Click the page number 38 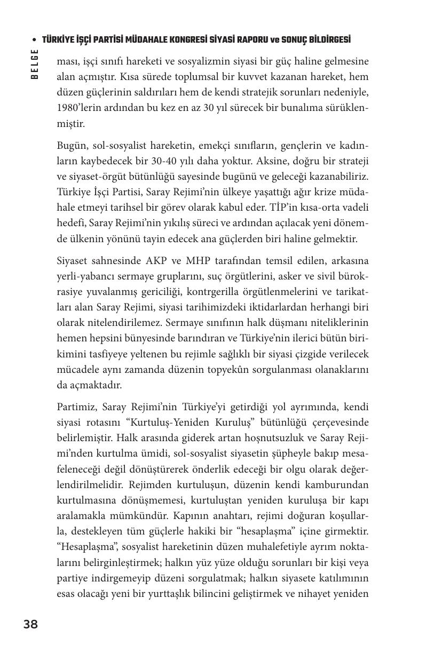30,624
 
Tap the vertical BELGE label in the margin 35,64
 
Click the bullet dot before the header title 35,41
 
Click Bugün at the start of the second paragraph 72,145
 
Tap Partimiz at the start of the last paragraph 75,407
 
